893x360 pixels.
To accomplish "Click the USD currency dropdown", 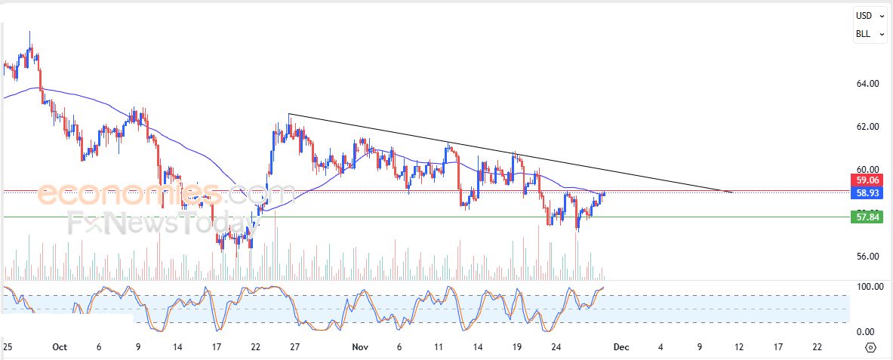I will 868,15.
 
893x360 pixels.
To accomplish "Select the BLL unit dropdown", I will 868,34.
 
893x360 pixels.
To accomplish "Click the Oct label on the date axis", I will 60,347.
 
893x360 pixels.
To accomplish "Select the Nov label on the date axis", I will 359,347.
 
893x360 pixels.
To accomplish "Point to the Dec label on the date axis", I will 620,347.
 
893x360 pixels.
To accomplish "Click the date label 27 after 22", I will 294,347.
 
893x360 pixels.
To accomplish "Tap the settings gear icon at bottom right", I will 870,347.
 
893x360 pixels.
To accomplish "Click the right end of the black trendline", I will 731,192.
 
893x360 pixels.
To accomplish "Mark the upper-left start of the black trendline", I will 289,114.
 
